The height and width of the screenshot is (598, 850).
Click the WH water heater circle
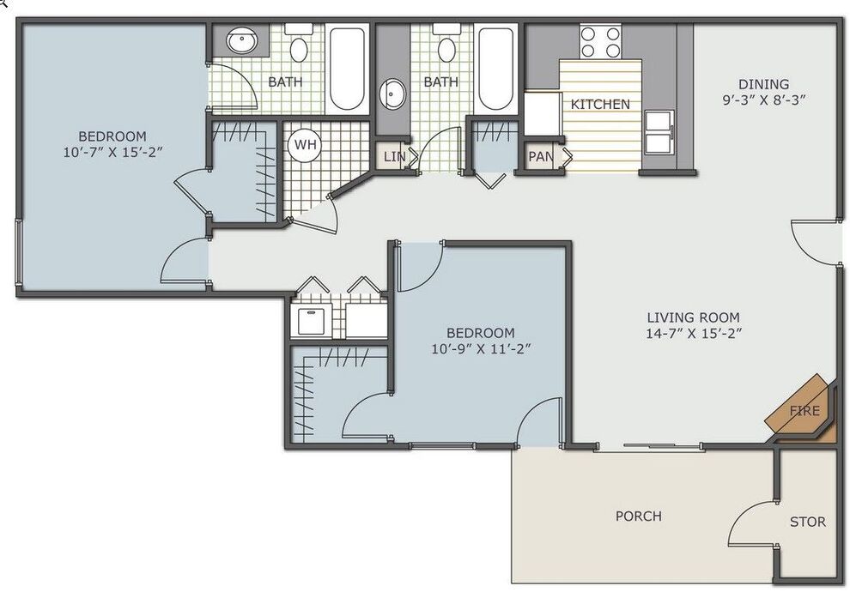point(305,145)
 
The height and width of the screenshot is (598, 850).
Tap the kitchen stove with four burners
point(601,42)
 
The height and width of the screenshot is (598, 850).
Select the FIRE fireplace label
point(805,411)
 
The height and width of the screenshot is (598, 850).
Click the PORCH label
point(639,516)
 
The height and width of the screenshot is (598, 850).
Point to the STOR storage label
point(808,522)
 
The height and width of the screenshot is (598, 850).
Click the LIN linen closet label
point(394,156)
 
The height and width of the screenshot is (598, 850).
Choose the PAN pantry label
point(540,156)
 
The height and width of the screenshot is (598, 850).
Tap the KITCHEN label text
point(600,104)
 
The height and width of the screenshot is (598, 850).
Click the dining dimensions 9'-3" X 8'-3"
point(764,100)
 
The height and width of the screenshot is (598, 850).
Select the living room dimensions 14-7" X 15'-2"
point(694,333)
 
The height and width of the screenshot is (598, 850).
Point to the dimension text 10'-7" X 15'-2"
point(112,152)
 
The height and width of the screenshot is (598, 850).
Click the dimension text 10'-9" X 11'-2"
point(480,349)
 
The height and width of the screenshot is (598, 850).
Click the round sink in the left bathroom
point(242,41)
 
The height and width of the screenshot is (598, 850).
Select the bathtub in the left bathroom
point(347,69)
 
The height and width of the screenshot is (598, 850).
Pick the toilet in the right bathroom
point(446,44)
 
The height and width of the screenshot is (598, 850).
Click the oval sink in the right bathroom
point(392,94)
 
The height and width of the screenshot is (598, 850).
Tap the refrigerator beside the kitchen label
point(543,114)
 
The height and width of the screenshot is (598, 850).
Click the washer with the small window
point(311,321)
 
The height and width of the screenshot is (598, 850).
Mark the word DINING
point(764,84)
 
